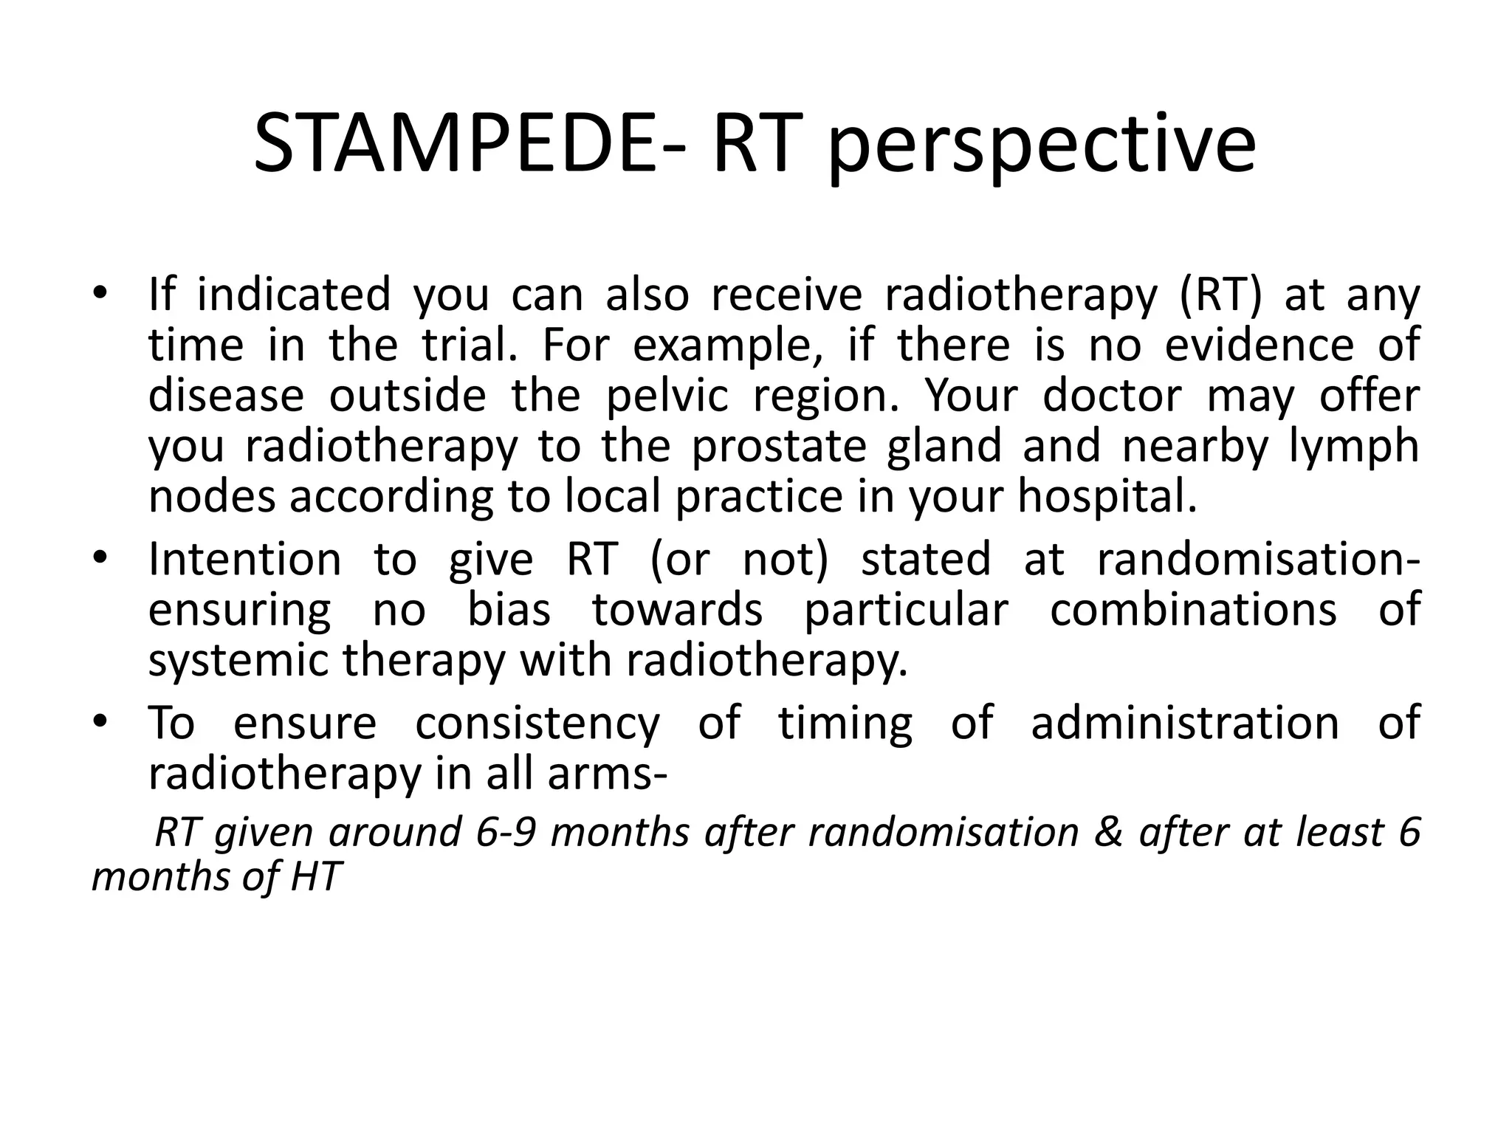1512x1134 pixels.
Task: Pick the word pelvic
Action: [667, 396]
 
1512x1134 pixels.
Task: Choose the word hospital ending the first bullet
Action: [1107, 498]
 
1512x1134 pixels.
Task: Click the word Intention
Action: [244, 559]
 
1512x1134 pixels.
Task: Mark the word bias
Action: [509, 610]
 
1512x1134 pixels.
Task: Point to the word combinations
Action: [1193, 610]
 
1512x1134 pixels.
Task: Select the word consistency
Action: [537, 723]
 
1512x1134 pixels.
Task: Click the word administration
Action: [1185, 723]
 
